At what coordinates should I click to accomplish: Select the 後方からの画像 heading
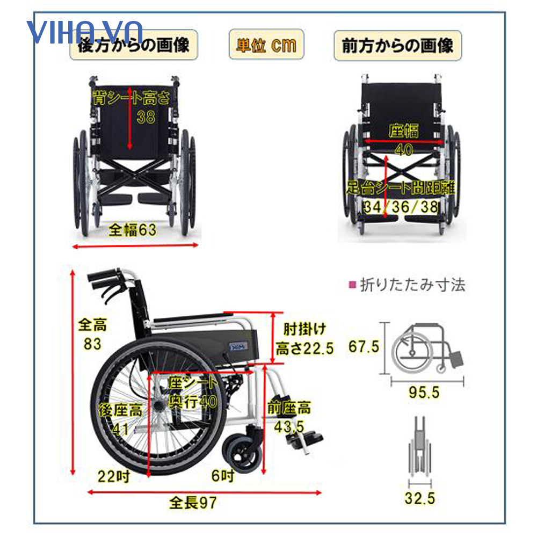(134, 45)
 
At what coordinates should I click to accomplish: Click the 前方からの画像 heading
(398, 45)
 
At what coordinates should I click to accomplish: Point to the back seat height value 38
(146, 117)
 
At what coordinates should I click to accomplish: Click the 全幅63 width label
(132, 230)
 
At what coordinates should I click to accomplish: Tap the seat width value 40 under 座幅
(404, 150)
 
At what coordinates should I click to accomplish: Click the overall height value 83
(92, 344)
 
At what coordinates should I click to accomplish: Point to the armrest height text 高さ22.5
(304, 349)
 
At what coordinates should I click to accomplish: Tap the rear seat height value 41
(121, 428)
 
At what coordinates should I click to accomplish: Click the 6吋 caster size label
(222, 475)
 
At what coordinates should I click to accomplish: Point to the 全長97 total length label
(193, 503)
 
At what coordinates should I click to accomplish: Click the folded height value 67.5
(364, 346)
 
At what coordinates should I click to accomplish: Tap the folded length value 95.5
(424, 393)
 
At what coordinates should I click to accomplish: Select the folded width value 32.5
(420, 499)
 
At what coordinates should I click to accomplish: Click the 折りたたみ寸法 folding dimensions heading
(411, 285)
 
